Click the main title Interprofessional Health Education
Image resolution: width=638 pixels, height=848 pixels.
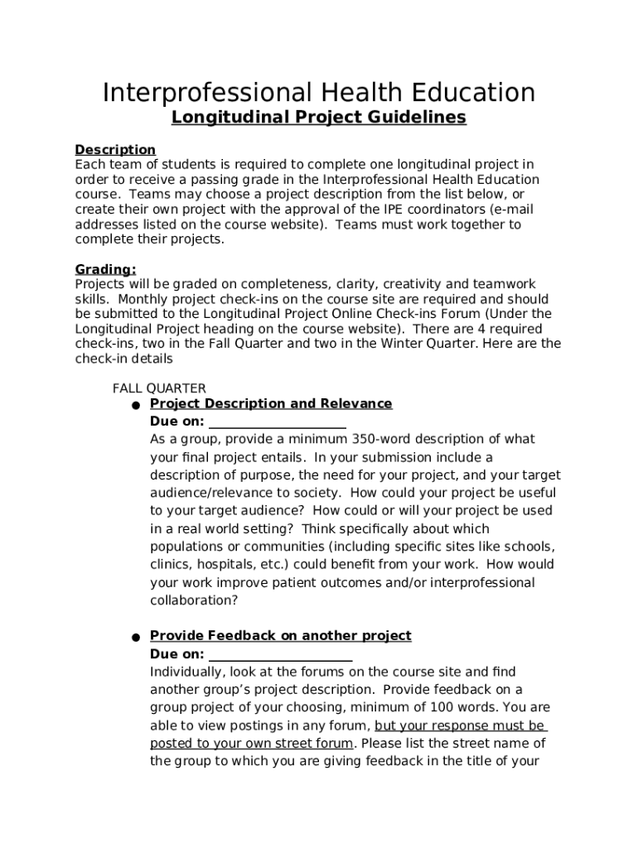[318, 92]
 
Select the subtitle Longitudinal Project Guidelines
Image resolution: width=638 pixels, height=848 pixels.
[318, 118]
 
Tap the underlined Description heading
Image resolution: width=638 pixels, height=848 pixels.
[115, 150]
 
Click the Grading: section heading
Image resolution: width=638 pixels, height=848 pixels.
[105, 270]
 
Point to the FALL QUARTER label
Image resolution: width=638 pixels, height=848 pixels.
[159, 388]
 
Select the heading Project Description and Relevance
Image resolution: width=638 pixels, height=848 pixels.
[271, 404]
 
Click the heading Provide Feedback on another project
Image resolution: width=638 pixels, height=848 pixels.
[280, 636]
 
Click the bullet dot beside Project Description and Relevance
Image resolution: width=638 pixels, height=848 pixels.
[135, 406]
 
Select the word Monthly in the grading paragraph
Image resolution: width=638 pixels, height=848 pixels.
[136, 299]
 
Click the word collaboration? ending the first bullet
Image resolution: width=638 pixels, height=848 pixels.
[194, 600]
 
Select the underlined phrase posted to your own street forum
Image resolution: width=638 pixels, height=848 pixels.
[252, 743]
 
